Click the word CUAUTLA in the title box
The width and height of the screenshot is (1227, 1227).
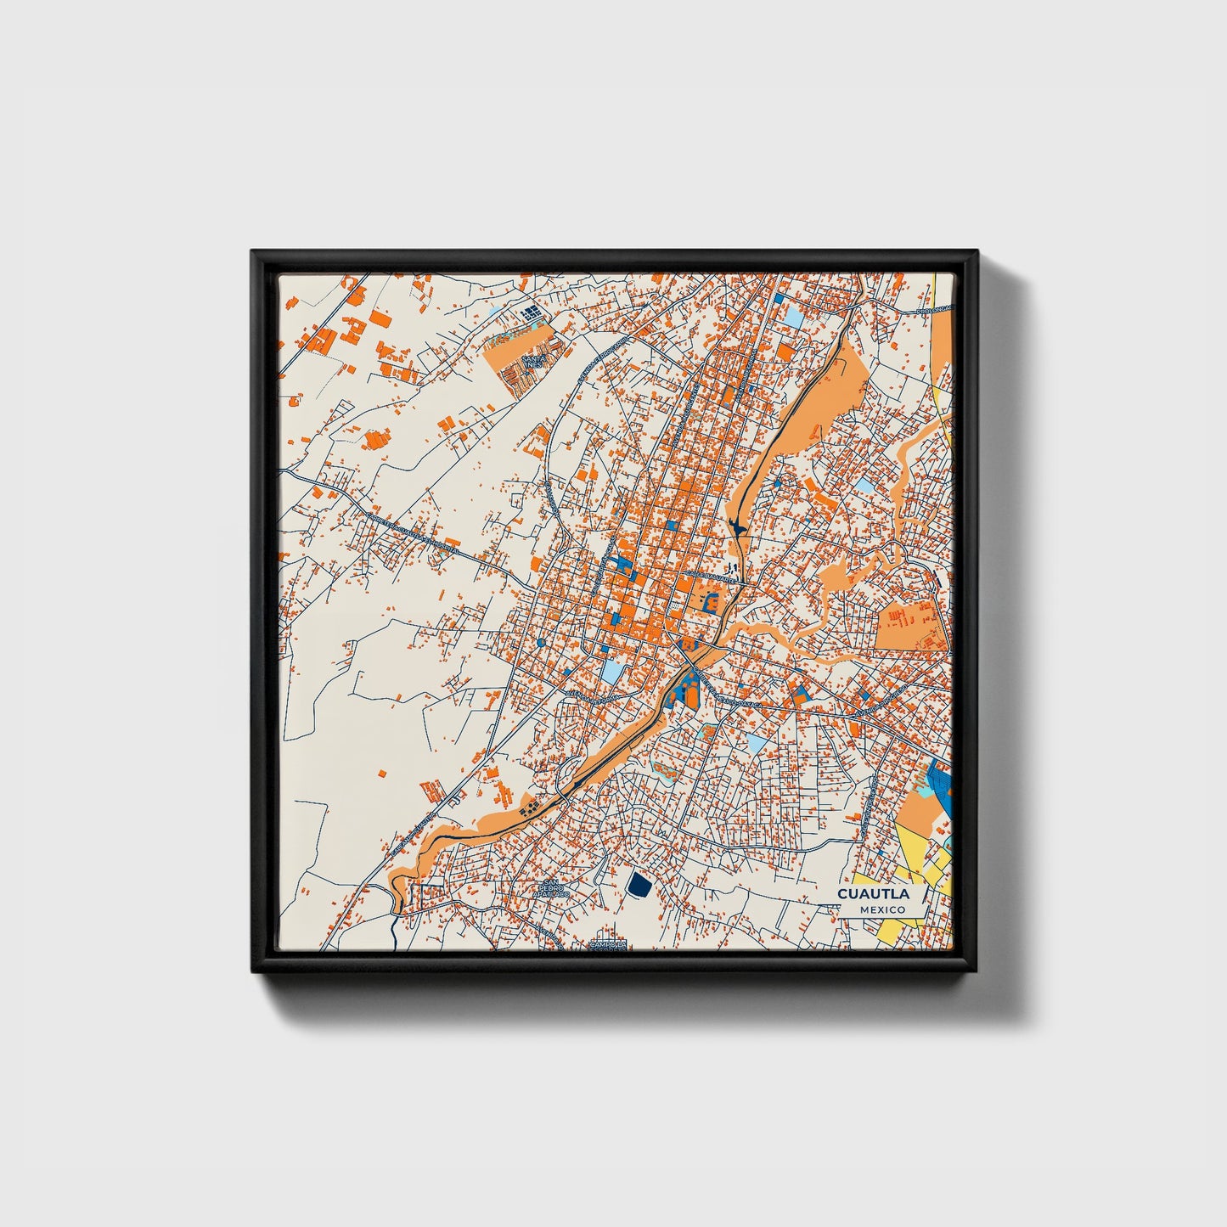[873, 893]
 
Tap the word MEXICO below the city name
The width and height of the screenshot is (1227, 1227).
[881, 909]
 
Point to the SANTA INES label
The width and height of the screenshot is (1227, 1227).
[533, 361]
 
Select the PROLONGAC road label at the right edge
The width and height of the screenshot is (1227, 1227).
[934, 311]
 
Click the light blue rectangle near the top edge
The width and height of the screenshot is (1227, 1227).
[792, 316]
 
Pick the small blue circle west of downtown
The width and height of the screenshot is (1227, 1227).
[541, 643]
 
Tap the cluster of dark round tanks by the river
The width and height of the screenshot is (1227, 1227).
[530, 805]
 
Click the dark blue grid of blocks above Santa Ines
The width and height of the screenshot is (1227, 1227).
[531, 313]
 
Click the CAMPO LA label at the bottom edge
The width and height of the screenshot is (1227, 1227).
[609, 943]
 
